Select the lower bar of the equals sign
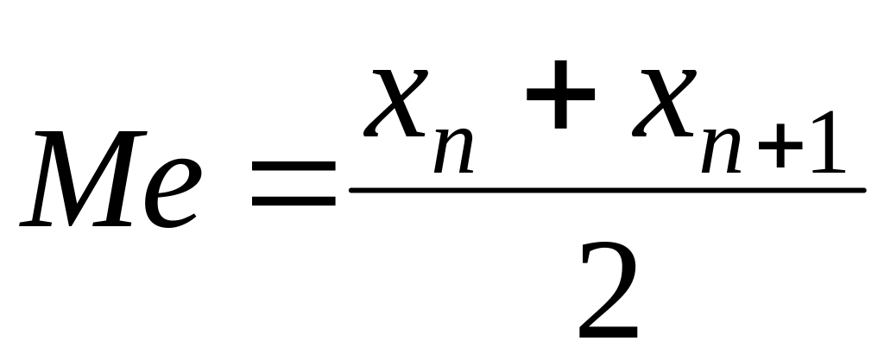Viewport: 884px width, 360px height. click(x=293, y=205)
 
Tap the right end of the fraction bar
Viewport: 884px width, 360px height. click(x=861, y=189)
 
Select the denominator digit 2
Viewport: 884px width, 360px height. click(x=609, y=289)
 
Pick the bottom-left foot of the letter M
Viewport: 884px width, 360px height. click(x=36, y=223)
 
